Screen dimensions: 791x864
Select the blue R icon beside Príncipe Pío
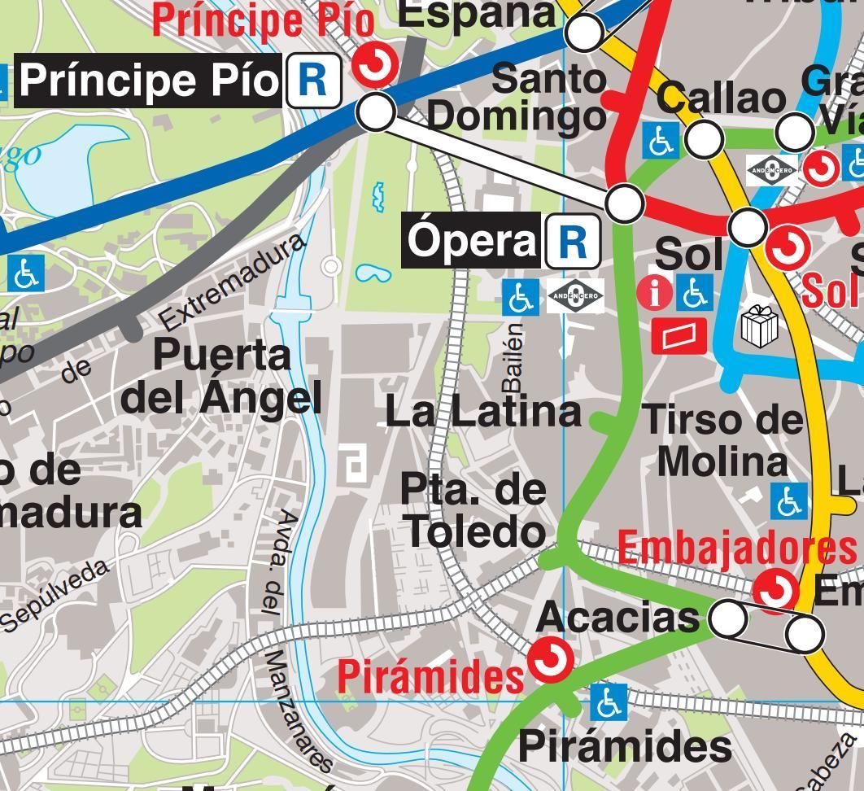313,81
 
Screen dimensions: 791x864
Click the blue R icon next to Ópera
573,242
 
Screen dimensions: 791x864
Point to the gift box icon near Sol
760,326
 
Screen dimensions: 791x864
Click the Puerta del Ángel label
221,376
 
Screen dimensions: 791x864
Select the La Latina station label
482,412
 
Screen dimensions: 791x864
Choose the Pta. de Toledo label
473,510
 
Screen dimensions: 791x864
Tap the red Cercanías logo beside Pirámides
551,659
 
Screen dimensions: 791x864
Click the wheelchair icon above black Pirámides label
607,702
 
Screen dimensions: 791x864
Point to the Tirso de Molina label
723,440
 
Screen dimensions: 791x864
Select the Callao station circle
705,138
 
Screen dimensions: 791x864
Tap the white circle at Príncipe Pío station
376,111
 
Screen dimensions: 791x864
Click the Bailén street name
513,357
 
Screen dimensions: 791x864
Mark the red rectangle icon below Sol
679,335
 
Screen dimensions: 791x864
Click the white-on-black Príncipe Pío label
150,81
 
